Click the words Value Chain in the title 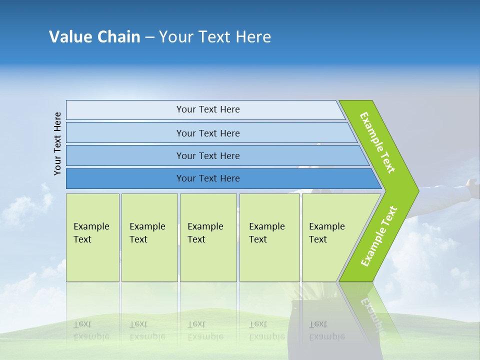coord(94,37)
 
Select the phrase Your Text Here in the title coord(215,37)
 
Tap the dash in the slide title coord(149,37)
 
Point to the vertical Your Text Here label coord(58,144)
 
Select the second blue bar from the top coord(207,133)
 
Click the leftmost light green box coord(92,237)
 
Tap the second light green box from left coord(149,237)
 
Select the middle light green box coord(208,237)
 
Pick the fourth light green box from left coord(269,237)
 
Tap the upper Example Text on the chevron coord(377,142)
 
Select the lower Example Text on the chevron coord(379,236)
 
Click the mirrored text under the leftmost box coord(91,330)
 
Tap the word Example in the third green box coord(205,226)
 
